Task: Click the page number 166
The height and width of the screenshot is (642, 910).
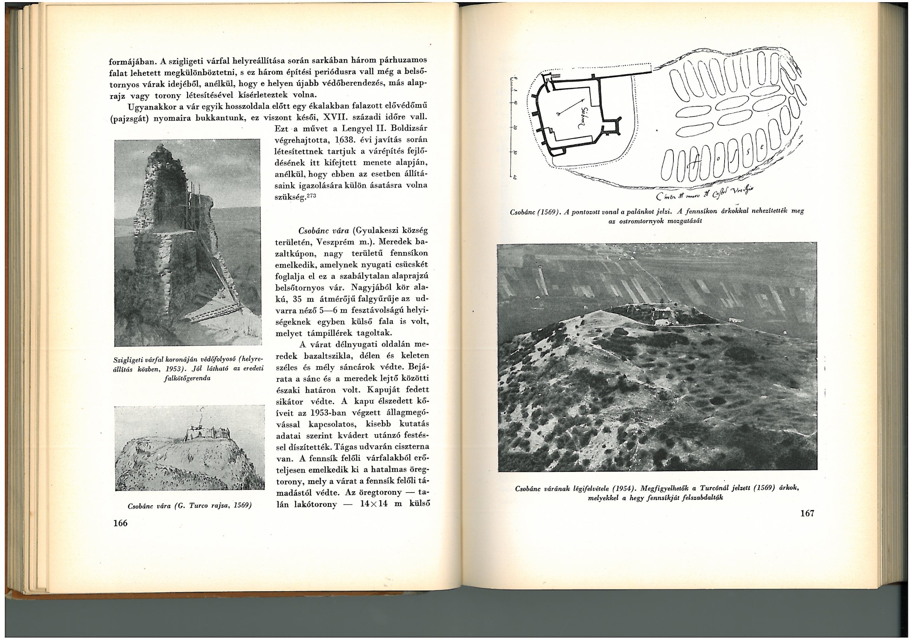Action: click(120, 523)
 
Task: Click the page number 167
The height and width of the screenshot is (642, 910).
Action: click(807, 514)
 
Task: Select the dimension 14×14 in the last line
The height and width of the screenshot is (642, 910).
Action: click(371, 504)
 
